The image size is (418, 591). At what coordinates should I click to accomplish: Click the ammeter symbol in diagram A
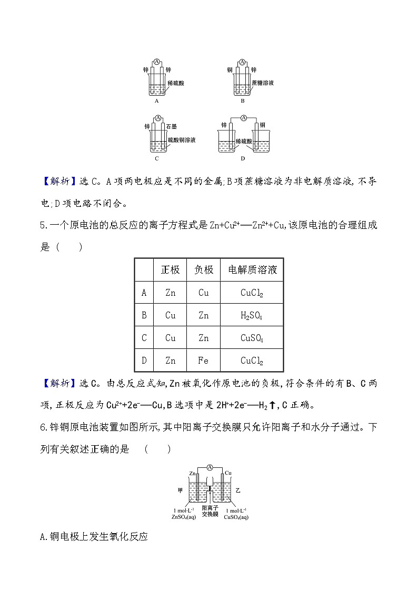(x=157, y=62)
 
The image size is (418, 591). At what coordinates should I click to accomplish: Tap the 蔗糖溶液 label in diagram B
(x=263, y=84)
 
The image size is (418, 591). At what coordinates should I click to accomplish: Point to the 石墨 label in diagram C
(x=172, y=127)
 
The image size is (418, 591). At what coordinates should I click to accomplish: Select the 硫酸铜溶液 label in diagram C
(x=182, y=141)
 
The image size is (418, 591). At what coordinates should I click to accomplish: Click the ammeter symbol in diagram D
(x=243, y=118)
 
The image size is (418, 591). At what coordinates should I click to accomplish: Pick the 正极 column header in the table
(x=170, y=270)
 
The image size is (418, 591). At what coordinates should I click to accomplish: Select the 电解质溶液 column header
(x=252, y=270)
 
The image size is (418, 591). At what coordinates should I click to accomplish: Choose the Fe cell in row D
(x=203, y=361)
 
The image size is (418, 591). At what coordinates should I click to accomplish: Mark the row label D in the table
(x=144, y=361)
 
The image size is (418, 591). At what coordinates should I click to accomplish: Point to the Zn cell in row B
(x=203, y=316)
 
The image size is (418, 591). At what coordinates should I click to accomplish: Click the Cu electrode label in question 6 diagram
(x=228, y=473)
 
